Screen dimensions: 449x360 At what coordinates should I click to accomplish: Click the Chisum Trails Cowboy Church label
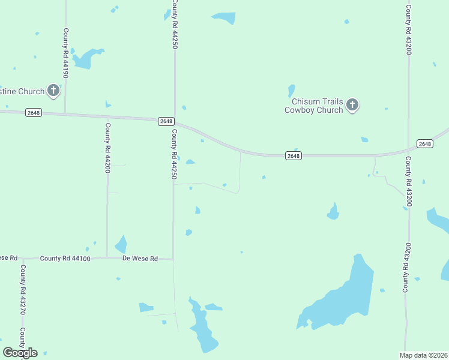click(x=313, y=106)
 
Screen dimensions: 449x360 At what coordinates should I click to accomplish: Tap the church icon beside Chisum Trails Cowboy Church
click(x=352, y=106)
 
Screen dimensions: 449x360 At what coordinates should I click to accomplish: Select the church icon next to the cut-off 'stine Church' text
click(x=53, y=91)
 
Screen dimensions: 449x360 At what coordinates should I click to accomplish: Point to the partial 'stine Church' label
click(x=22, y=91)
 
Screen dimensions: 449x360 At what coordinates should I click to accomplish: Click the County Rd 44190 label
click(x=65, y=53)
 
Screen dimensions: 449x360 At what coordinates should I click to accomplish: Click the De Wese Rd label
click(x=140, y=259)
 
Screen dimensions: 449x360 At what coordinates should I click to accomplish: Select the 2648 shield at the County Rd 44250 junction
click(x=166, y=121)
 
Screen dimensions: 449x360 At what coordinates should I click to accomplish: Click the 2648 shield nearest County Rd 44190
click(x=34, y=113)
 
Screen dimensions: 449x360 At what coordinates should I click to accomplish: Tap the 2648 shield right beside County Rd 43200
click(x=424, y=143)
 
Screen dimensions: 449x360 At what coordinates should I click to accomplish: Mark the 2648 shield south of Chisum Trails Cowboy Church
click(x=292, y=156)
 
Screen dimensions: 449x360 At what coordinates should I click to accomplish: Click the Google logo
click(x=20, y=353)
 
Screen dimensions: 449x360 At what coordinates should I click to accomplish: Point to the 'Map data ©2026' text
click(x=424, y=355)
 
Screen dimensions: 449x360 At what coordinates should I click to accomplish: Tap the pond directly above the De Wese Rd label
click(x=121, y=244)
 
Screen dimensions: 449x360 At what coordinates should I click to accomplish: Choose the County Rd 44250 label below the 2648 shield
click(x=174, y=154)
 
